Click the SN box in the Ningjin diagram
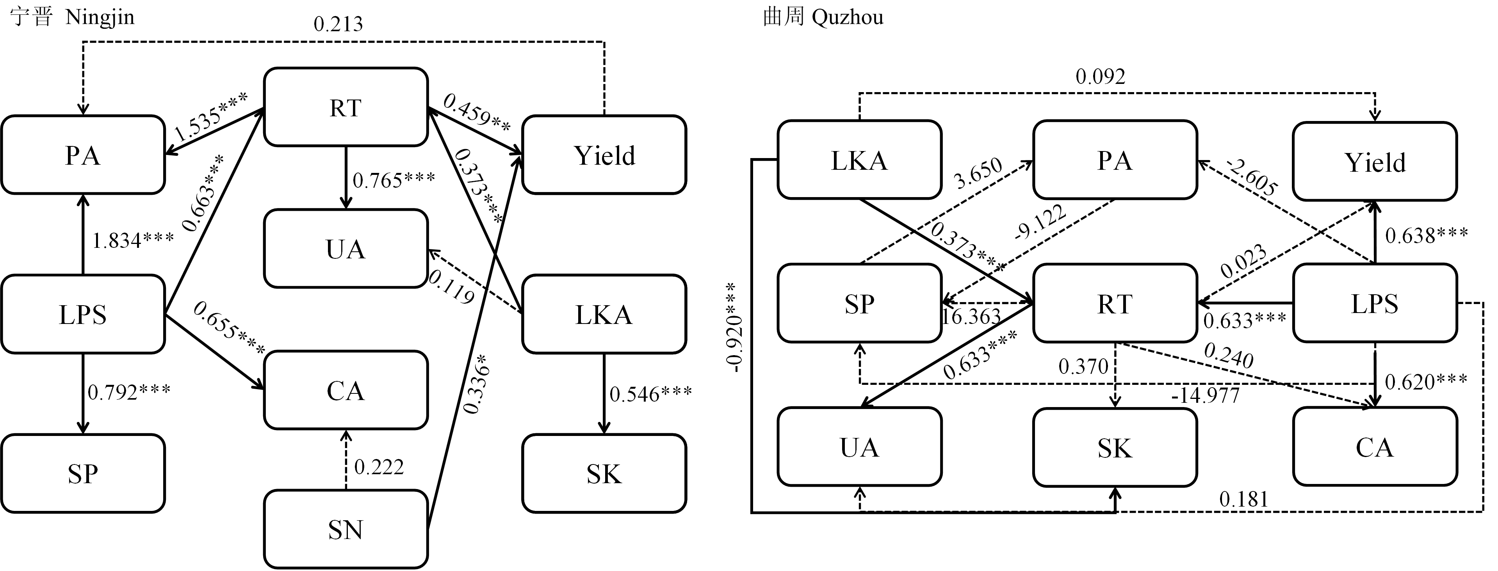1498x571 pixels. (x=346, y=529)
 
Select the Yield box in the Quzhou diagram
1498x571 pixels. (x=1375, y=162)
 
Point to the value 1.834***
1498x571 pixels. (x=133, y=240)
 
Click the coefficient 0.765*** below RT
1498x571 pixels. (x=394, y=180)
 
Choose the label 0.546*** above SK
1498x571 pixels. (x=650, y=394)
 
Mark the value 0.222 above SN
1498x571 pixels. (x=379, y=467)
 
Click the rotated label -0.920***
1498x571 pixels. (x=734, y=327)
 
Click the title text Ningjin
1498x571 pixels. (x=100, y=18)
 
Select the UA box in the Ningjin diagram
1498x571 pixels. (x=346, y=249)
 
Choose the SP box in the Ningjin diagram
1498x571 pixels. (x=83, y=473)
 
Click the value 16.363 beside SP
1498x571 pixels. (x=971, y=317)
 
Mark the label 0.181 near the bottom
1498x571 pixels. (x=1243, y=499)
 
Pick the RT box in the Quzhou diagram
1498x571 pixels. (x=1114, y=304)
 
